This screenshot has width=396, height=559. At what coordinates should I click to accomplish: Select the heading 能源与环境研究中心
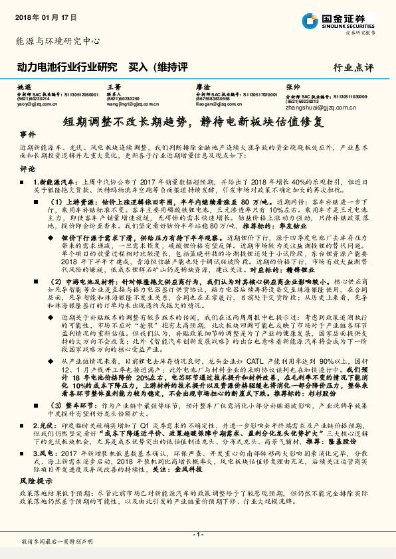(57, 41)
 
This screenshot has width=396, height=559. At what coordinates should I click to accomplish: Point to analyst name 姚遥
(24, 87)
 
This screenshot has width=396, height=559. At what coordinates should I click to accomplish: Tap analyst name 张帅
(292, 87)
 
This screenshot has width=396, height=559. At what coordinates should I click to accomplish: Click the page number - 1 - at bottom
(197, 534)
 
